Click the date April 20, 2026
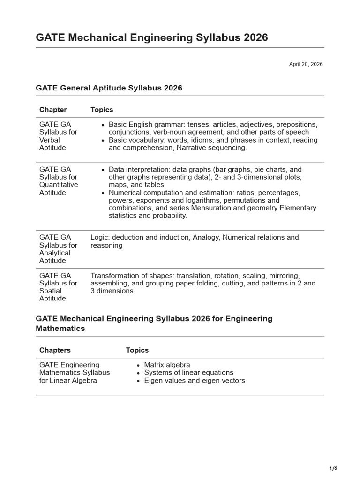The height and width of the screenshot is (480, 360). pyautogui.click(x=306, y=64)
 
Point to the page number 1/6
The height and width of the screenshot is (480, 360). pyautogui.click(x=333, y=468)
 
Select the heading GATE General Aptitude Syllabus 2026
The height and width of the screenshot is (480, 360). pyautogui.click(x=109, y=88)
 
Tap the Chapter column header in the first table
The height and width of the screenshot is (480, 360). pyautogui.click(x=53, y=110)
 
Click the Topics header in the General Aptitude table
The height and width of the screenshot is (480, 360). pyautogui.click(x=102, y=110)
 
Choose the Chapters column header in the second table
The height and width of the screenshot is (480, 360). pyautogui.click(x=55, y=350)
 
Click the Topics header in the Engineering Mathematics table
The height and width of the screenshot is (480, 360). pyautogui.click(x=137, y=350)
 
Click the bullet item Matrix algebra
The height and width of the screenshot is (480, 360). pyautogui.click(x=167, y=365)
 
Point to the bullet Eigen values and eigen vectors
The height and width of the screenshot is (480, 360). pyautogui.click(x=195, y=381)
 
